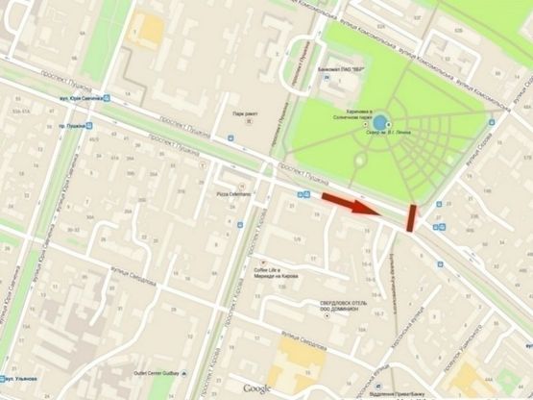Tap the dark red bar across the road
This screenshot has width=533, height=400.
tap(411, 218)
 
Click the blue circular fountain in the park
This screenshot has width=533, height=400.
tap(381, 123)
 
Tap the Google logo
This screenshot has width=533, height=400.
tap(256, 388)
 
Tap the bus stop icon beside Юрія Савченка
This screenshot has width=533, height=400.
tap(108, 99)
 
